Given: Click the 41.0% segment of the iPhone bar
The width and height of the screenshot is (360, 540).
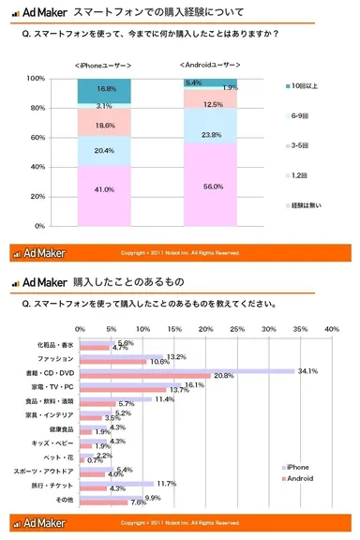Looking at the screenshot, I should click(103, 189).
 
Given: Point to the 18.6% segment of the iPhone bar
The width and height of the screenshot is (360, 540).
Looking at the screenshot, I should click(103, 124).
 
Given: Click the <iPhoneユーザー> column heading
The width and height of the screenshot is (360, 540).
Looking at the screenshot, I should click(103, 65).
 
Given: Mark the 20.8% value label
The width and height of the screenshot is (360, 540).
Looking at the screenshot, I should click(222, 376).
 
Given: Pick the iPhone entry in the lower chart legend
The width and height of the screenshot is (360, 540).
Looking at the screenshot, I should click(297, 466).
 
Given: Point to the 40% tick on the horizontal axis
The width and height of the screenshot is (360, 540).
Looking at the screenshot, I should click(331, 329).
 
